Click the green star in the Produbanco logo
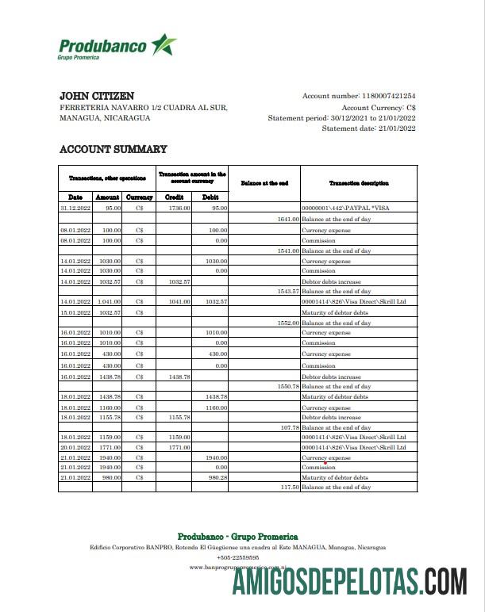pyautogui.click(x=164, y=44)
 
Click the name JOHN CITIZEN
pyautogui.click(x=97, y=96)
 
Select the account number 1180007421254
pyautogui.click(x=388, y=96)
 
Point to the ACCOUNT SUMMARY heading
pyautogui.click(x=114, y=149)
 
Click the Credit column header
pyautogui.click(x=174, y=197)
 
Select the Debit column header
pyautogui.click(x=210, y=197)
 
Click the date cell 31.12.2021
pyautogui.click(x=76, y=208)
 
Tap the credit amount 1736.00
pyautogui.click(x=179, y=208)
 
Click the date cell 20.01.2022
pyautogui.click(x=76, y=447)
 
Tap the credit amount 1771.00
pyautogui.click(x=179, y=447)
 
